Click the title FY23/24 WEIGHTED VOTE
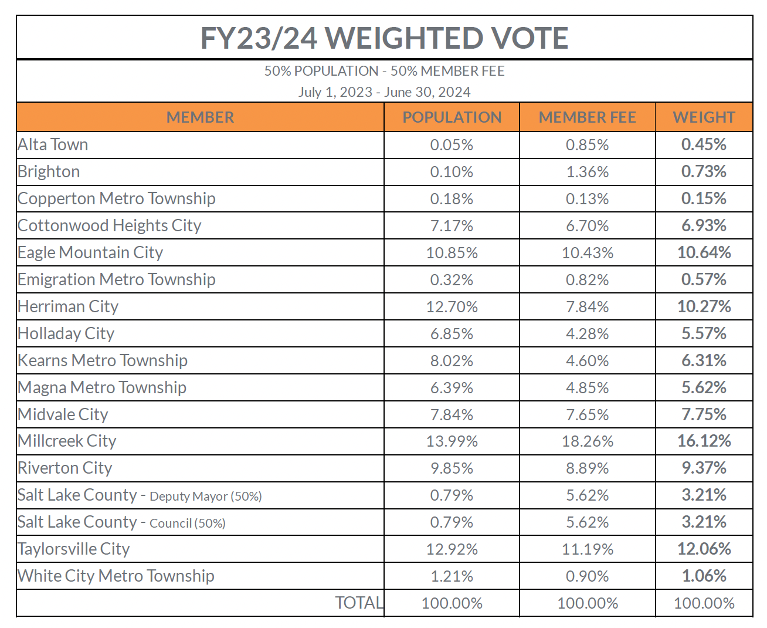pyautogui.click(x=384, y=38)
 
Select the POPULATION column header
pyautogui.click(x=452, y=117)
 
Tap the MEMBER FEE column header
pyautogui.click(x=587, y=117)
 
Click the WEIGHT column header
pyautogui.click(x=704, y=117)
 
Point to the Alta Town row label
pyautogui.click(x=53, y=144)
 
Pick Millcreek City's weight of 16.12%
pyautogui.click(x=704, y=441)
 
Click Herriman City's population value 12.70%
pyautogui.click(x=452, y=306)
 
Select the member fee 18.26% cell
pyautogui.click(x=587, y=441)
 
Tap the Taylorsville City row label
pyautogui.click(x=74, y=549)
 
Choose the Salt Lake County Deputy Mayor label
pyautogui.click(x=140, y=495)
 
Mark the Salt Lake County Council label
pyautogui.click(x=121, y=522)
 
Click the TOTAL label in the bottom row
pyautogui.click(x=359, y=603)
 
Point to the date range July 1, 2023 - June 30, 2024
pyautogui.click(x=384, y=92)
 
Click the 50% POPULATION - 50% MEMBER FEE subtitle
pyautogui.click(x=384, y=71)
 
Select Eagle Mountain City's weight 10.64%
pyautogui.click(x=704, y=252)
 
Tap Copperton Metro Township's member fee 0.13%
pyautogui.click(x=587, y=199)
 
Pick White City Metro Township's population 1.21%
pyautogui.click(x=452, y=576)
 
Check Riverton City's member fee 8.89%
pyautogui.click(x=587, y=468)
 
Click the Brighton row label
pyautogui.click(x=49, y=171)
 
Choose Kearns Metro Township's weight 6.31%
pyautogui.click(x=704, y=360)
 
